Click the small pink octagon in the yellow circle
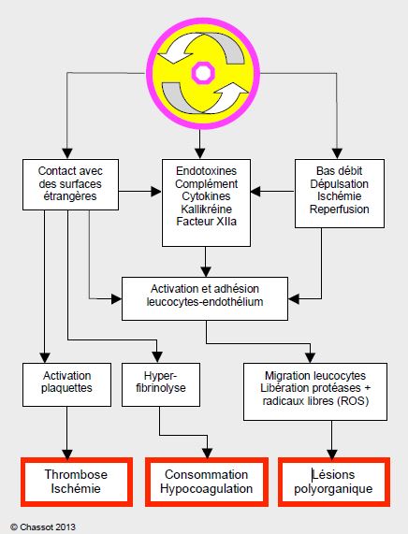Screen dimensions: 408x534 (203, 73)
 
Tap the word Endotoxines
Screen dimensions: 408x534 (206, 170)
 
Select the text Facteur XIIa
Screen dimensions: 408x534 (206, 222)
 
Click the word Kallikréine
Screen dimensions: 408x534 (206, 209)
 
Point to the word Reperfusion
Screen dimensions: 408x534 (339, 209)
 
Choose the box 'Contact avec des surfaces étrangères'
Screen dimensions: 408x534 (70, 184)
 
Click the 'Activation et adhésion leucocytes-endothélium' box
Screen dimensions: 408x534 (205, 298)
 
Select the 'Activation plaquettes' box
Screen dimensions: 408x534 (66, 384)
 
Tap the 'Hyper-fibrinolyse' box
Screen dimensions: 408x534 (161, 384)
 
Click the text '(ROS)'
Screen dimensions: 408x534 (353, 401)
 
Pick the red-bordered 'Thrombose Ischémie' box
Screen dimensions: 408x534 (77, 482)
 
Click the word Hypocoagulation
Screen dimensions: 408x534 (207, 489)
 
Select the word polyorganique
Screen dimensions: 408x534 (333, 489)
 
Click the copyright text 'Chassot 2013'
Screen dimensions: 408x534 (48, 527)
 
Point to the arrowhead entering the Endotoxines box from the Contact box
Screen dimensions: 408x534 (156, 192)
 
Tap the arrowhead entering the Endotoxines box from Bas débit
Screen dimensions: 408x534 (255, 192)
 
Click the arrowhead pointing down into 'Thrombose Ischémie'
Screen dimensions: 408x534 (67, 455)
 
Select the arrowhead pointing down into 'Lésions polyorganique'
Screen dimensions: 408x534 (332, 455)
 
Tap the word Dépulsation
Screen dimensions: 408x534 (339, 184)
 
